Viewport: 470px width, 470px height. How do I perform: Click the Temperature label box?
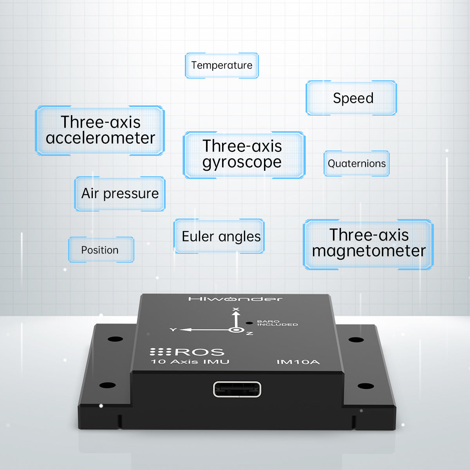222,65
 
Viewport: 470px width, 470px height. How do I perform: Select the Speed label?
351,98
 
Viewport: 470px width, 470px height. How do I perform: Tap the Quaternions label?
356,163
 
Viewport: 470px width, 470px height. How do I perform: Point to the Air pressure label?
120,193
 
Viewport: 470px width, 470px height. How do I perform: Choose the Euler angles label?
219,236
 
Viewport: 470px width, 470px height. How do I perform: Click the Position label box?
101,250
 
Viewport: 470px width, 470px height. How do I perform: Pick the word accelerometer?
100,138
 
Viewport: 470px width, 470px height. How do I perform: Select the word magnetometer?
369,251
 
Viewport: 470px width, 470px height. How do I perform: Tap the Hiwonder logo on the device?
235,299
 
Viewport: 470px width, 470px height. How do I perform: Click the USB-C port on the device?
237,389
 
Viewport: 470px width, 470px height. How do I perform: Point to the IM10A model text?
298,362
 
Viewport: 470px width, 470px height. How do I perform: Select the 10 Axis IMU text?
190,362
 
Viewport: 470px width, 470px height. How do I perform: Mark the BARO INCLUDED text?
277,323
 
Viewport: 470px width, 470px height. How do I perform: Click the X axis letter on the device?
236,309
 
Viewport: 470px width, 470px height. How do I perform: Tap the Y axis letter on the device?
173,330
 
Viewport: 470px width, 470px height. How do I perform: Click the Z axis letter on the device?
249,333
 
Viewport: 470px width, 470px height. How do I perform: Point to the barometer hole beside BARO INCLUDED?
249,323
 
